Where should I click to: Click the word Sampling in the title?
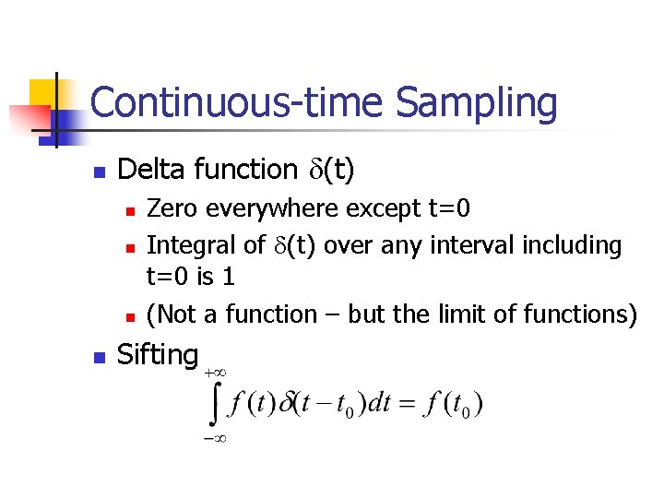(x=477, y=103)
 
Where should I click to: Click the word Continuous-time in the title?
(x=239, y=103)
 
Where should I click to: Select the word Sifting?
(x=159, y=354)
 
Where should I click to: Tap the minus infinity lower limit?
(x=214, y=439)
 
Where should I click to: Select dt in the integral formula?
(x=378, y=403)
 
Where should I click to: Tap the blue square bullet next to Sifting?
(x=100, y=357)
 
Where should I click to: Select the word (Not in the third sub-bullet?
(x=172, y=314)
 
